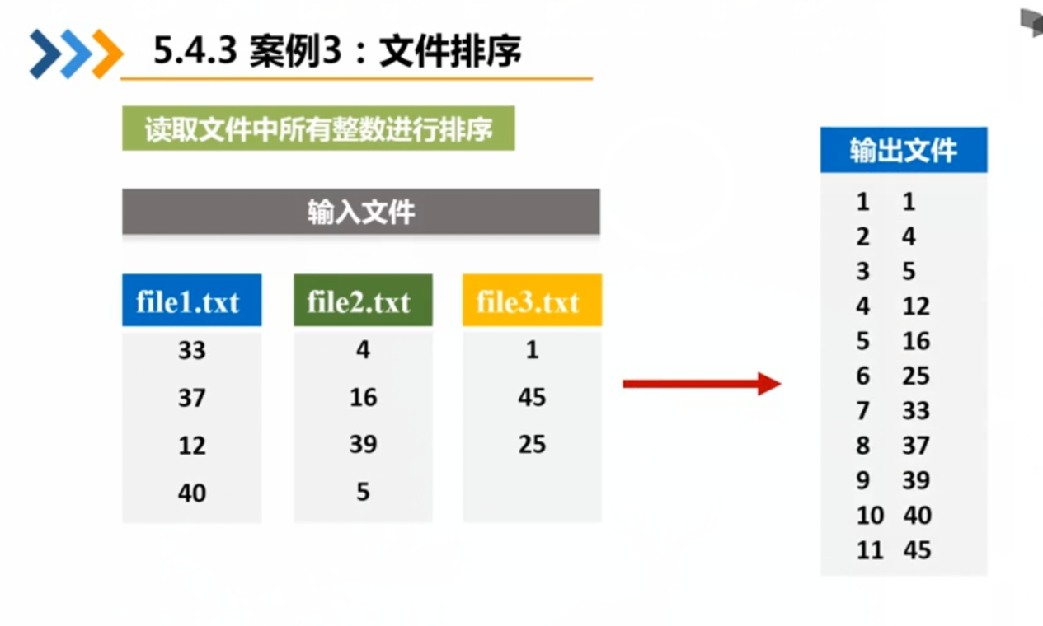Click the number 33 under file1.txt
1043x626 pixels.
[191, 351]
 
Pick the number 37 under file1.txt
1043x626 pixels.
[191, 399]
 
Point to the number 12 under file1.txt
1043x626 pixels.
[191, 446]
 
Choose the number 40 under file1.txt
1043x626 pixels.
[191, 493]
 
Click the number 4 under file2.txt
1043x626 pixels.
[363, 351]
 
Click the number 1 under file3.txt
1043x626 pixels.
[532, 351]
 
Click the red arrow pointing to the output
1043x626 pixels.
[701, 384]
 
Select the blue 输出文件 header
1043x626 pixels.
[903, 150]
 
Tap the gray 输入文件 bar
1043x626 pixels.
[360, 213]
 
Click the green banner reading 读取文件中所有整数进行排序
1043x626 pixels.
[318, 129]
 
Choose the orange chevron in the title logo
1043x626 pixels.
[107, 54]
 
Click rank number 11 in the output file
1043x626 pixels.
[869, 550]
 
